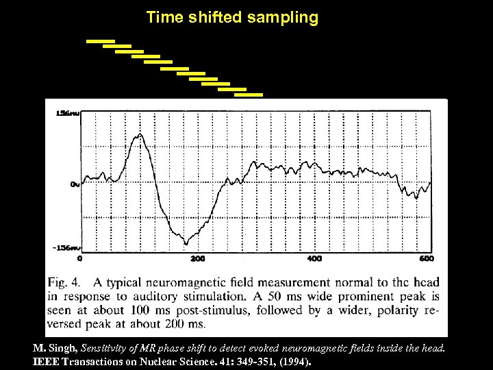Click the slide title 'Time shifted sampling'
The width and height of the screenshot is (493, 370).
pyautogui.click(x=232, y=18)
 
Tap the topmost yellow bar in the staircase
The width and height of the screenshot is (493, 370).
pyautogui.click(x=100, y=41)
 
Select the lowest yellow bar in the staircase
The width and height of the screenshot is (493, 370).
pyautogui.click(x=249, y=95)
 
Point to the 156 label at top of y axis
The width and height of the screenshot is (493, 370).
pyautogui.click(x=67, y=114)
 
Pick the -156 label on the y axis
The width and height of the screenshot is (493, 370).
pyautogui.click(x=66, y=247)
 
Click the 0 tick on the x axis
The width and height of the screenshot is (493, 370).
pyautogui.click(x=80, y=259)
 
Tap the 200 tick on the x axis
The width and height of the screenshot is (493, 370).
pyautogui.click(x=197, y=259)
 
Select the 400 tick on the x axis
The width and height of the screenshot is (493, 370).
pyautogui.click(x=314, y=259)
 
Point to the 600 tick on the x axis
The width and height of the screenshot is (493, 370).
pyautogui.click(x=426, y=259)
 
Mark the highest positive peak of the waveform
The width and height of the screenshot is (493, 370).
pyautogui.click(x=140, y=135)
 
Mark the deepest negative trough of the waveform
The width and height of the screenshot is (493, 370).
pyautogui.click(x=186, y=243)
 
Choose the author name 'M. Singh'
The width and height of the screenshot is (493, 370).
pyautogui.click(x=55, y=348)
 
